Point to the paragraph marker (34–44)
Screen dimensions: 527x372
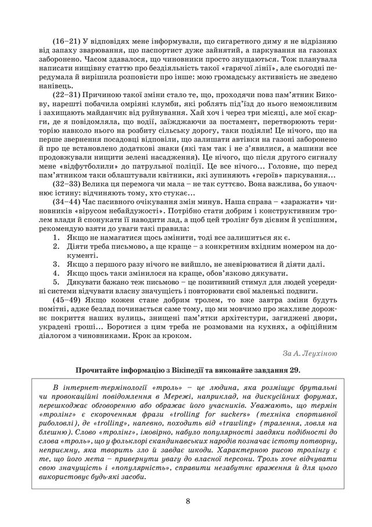click(65, 199)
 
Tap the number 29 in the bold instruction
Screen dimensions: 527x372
click(291, 370)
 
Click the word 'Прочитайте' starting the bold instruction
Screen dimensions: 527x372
click(99, 370)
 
